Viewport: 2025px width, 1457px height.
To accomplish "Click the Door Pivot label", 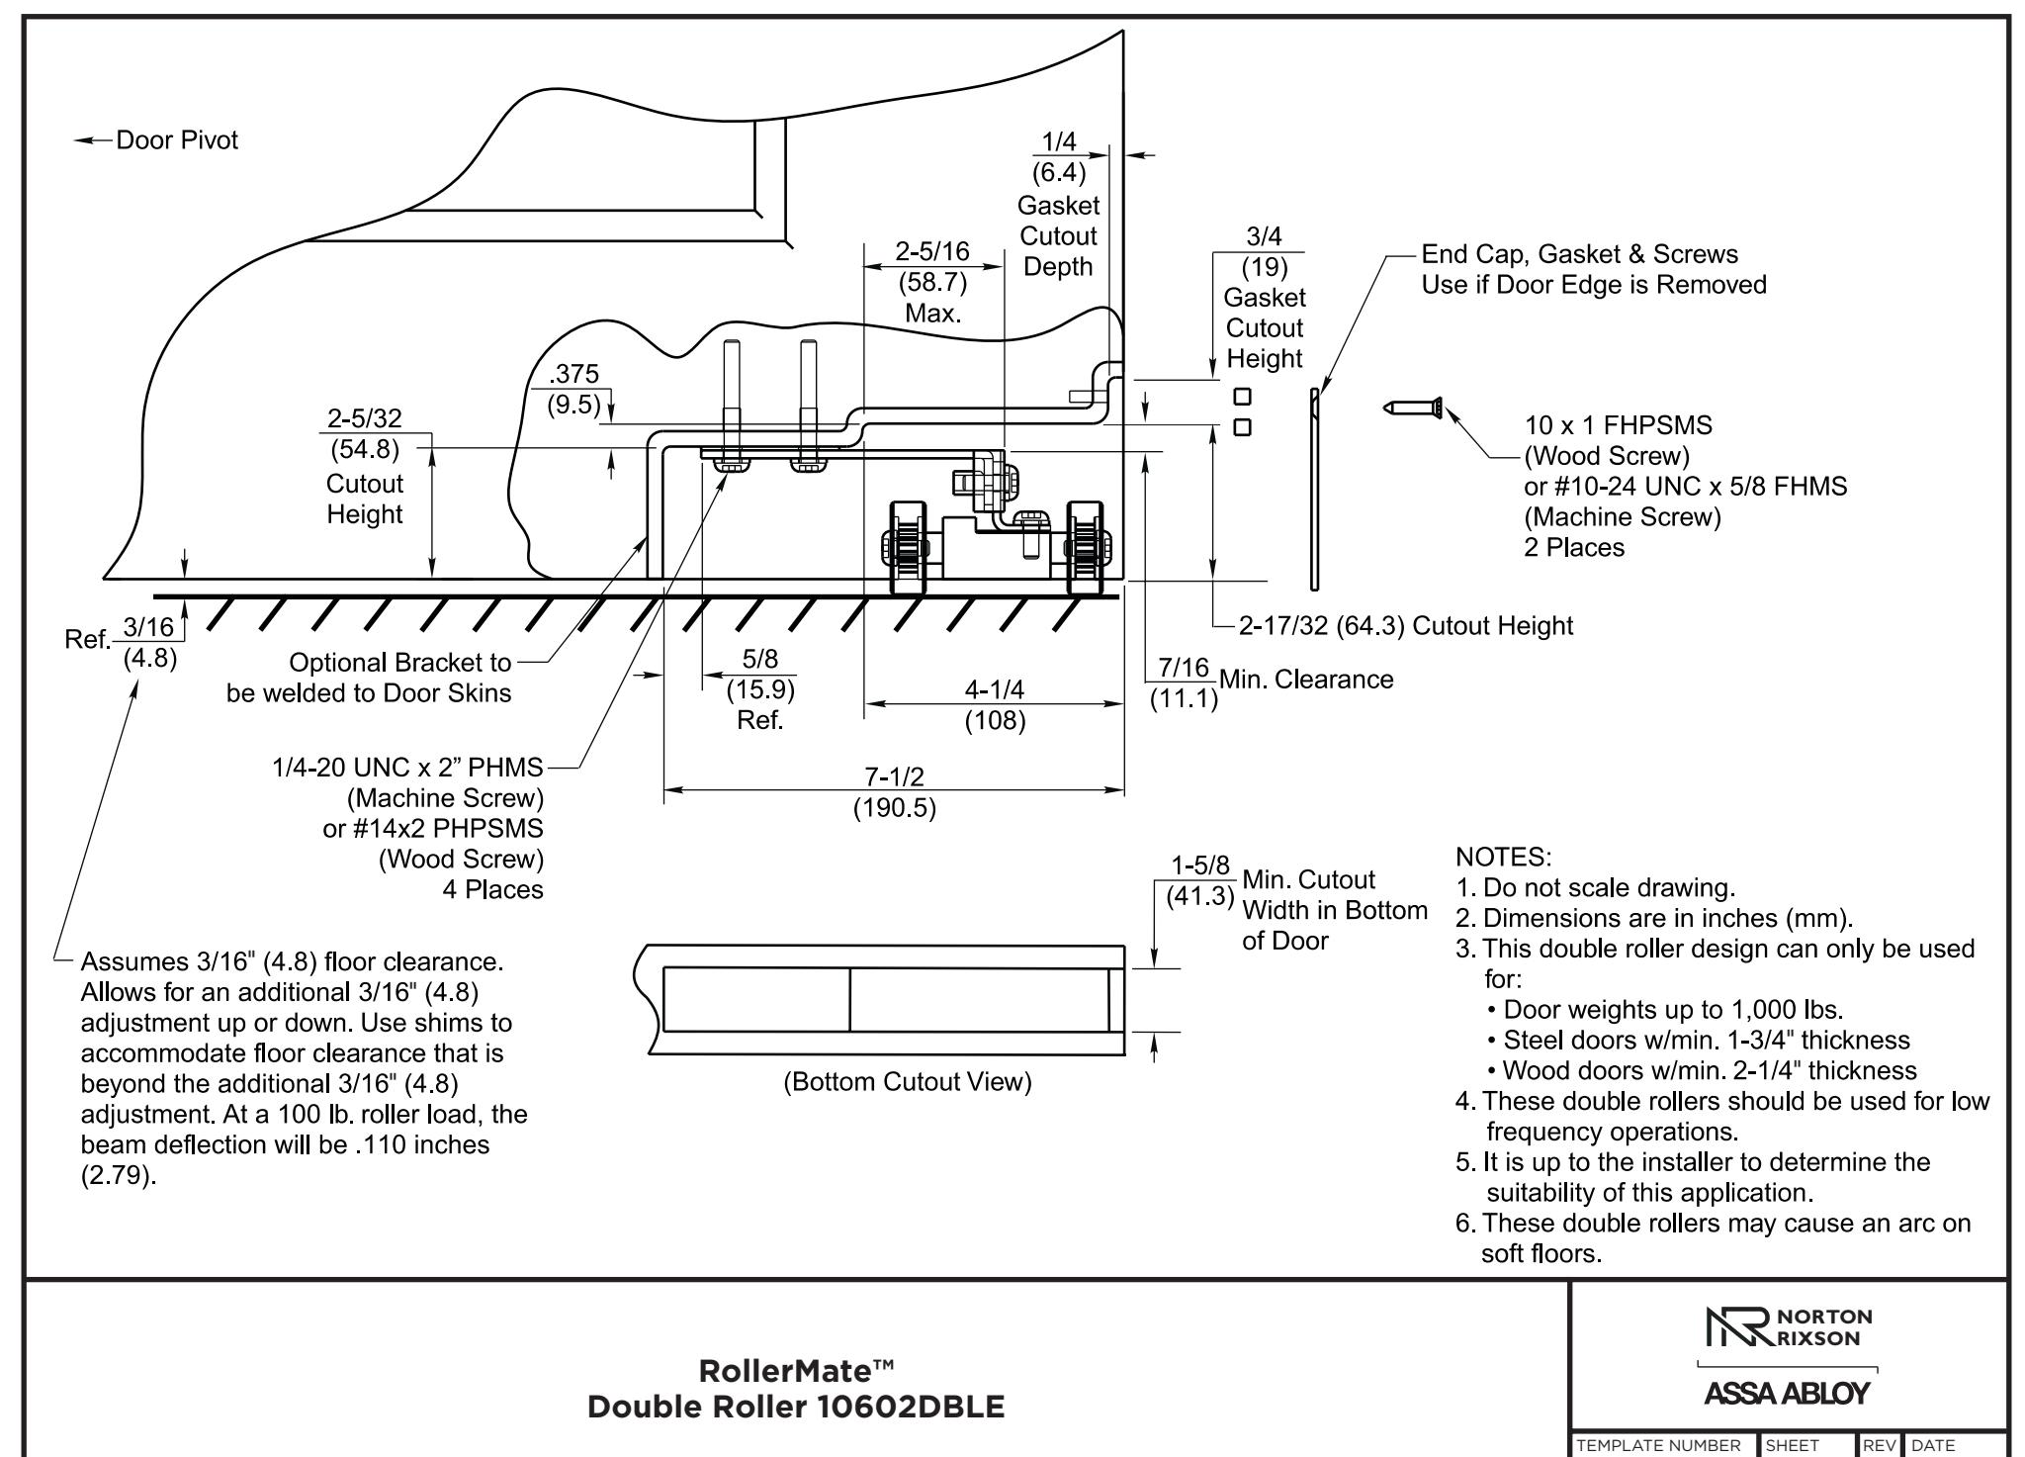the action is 177,140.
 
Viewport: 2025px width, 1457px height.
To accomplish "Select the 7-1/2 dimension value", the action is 894,777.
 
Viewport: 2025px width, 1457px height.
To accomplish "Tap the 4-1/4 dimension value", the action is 995,689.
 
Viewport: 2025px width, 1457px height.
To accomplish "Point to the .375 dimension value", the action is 574,374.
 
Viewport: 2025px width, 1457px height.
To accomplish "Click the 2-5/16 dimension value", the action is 932,251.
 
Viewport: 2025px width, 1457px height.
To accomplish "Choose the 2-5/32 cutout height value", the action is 365,418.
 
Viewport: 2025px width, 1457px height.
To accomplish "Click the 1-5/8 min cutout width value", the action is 1200,865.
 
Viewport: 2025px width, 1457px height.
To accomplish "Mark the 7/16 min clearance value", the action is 1184,668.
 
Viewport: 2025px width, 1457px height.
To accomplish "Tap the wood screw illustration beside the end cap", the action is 1413,408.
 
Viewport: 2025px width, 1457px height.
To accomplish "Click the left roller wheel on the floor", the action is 908,547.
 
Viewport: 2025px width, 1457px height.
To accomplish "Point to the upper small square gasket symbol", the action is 1243,397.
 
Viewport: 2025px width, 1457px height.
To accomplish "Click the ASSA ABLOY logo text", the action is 1787,1393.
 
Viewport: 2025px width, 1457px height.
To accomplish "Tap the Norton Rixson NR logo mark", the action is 1740,1327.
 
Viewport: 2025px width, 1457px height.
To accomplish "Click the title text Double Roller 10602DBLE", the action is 796,1407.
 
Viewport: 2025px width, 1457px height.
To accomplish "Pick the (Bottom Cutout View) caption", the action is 908,1082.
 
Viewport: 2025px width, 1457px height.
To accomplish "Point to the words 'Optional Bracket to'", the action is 400,662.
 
